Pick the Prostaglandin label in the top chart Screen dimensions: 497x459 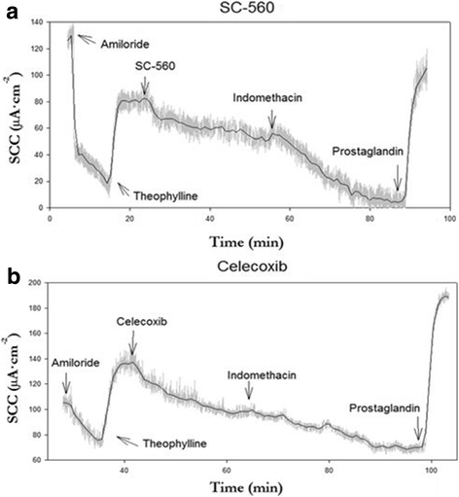click(367, 153)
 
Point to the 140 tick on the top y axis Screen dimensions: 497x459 click(37, 21)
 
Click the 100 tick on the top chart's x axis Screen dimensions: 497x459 click(450, 218)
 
